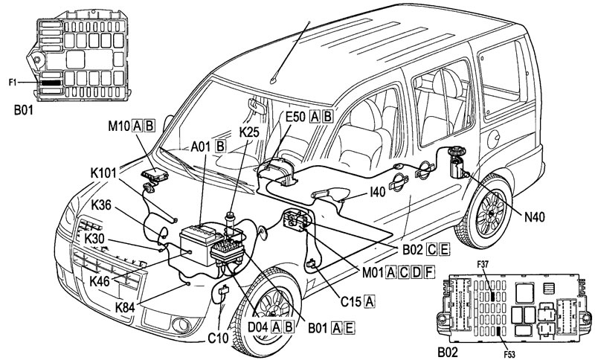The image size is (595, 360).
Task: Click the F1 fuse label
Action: (x=13, y=82)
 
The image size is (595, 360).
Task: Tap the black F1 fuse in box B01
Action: (x=51, y=83)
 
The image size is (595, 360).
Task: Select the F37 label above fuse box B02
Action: (x=482, y=265)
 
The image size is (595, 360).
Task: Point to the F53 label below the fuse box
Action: (x=509, y=355)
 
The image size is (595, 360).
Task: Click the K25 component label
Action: (x=249, y=132)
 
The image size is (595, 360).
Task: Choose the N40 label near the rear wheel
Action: (x=534, y=217)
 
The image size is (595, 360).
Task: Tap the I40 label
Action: (x=377, y=192)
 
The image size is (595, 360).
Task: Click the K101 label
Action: (x=103, y=173)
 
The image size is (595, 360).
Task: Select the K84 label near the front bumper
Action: (x=125, y=307)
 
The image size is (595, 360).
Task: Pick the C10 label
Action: (x=218, y=338)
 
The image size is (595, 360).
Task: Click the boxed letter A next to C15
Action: (x=369, y=301)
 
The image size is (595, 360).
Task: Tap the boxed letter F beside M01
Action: (x=428, y=272)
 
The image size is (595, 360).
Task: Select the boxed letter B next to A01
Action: (x=220, y=146)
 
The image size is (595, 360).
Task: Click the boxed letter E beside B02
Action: (x=444, y=250)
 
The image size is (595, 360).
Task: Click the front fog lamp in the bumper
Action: (x=181, y=325)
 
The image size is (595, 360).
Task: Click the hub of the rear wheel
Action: (x=490, y=213)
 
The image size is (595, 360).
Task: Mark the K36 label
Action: (x=101, y=205)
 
